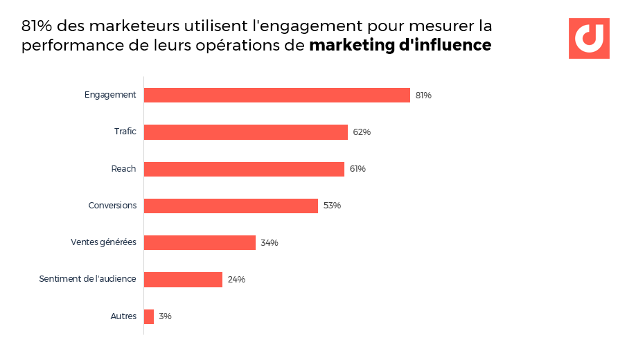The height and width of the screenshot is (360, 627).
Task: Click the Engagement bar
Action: tap(277, 95)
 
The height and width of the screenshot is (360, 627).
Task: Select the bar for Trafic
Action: tap(245, 132)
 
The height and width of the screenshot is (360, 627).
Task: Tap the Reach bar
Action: tap(244, 169)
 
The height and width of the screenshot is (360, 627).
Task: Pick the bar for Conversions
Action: tap(231, 206)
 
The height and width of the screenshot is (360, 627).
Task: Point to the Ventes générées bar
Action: tap(200, 242)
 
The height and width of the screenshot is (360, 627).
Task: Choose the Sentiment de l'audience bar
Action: tap(183, 280)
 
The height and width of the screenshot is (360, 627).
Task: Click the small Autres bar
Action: tap(149, 316)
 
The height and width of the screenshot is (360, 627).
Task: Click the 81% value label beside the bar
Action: tap(423, 96)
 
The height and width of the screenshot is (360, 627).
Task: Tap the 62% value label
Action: tap(362, 132)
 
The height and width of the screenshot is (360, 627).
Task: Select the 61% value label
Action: tap(357, 169)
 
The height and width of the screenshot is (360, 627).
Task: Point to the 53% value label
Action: tap(332, 206)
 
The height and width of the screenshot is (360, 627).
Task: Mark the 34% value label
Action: tap(270, 243)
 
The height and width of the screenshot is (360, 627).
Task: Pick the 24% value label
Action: tap(236, 280)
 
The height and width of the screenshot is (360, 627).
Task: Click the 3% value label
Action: tap(165, 316)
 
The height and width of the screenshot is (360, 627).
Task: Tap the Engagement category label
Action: tap(110, 95)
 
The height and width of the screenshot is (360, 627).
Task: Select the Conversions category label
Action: tap(112, 206)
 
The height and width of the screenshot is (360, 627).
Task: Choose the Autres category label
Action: tap(123, 316)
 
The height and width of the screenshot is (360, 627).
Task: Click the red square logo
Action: tap(589, 38)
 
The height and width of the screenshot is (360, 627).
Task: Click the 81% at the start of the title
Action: tap(37, 26)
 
